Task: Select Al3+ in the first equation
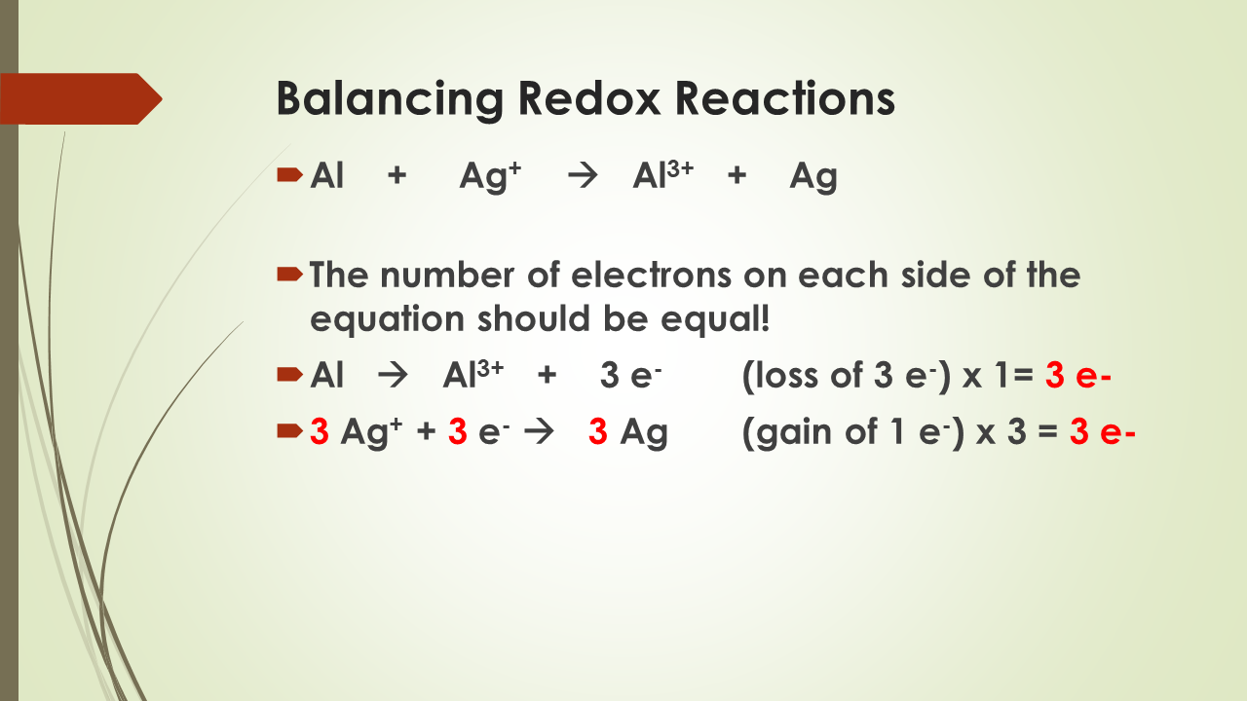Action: pyautogui.click(x=662, y=177)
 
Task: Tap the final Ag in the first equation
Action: pyautogui.click(x=813, y=177)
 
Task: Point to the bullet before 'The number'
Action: pyautogui.click(x=289, y=274)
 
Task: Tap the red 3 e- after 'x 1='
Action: pyautogui.click(x=1077, y=376)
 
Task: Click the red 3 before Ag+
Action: pyautogui.click(x=319, y=432)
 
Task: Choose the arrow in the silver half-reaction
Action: pyautogui.click(x=538, y=432)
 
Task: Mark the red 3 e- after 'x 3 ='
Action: pyautogui.click(x=1102, y=432)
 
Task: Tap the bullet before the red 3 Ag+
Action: pyautogui.click(x=289, y=430)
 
